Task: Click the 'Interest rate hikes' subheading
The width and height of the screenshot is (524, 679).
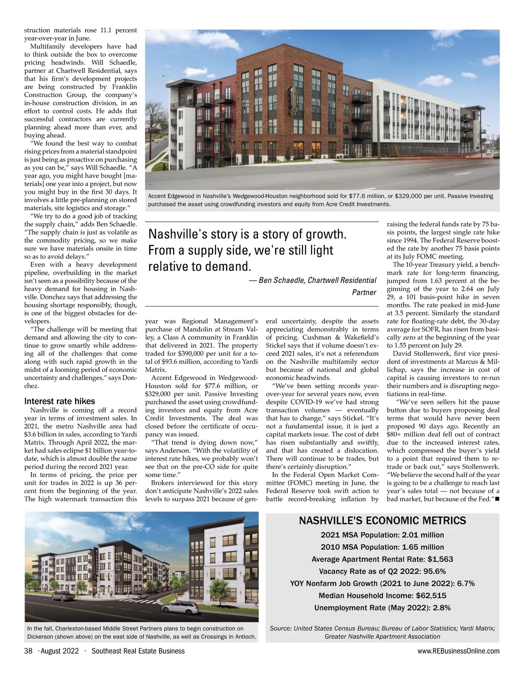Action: pyautogui.click(x=59, y=401)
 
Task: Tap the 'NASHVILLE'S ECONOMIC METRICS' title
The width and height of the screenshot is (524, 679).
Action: pyautogui.click(x=382, y=520)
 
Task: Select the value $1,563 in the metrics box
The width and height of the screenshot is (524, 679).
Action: pyautogui.click(x=440, y=559)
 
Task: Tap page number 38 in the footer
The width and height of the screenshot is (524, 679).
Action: pyautogui.click(x=28, y=651)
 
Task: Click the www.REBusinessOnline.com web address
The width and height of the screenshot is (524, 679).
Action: pyautogui.click(x=458, y=651)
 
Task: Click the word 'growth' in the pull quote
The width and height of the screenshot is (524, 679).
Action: pyautogui.click(x=326, y=234)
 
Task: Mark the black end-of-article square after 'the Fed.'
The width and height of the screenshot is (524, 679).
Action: pyautogui.click(x=497, y=499)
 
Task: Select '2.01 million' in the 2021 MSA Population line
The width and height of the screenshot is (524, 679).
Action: pyautogui.click(x=423, y=535)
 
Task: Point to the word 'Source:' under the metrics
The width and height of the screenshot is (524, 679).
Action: pyautogui.click(x=281, y=628)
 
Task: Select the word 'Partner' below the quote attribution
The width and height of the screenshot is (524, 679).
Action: pyautogui.click(x=364, y=292)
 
